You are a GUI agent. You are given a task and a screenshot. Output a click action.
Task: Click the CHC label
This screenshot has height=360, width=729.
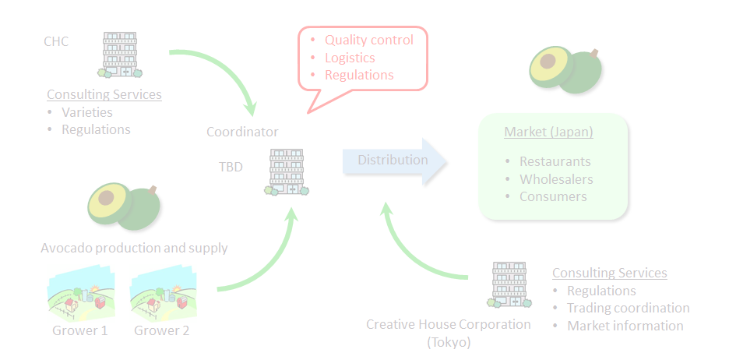[x=56, y=41]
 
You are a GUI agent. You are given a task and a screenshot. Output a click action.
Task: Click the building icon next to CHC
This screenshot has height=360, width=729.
[x=120, y=55]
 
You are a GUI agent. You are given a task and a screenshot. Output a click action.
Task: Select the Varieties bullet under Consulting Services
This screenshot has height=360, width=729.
[x=86, y=112]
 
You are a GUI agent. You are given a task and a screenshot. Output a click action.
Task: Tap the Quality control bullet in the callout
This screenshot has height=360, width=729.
[x=368, y=40]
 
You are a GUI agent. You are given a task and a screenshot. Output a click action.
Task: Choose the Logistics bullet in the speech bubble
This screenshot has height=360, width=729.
[x=350, y=58]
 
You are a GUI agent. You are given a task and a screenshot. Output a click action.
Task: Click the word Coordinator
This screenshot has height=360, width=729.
[x=242, y=132]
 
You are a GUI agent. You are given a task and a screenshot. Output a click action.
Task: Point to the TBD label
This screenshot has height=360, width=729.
[x=231, y=167]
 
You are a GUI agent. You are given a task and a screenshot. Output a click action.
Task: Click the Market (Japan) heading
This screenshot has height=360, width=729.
[x=548, y=132]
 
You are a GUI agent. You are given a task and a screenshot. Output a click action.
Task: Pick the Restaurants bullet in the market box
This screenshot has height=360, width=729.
[x=555, y=162]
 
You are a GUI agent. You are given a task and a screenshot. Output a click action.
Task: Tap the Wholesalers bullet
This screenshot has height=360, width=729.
[x=556, y=179]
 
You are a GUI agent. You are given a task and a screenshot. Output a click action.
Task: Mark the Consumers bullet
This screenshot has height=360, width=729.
[x=553, y=196]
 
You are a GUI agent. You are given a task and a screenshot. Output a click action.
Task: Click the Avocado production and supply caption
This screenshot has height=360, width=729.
[x=134, y=248]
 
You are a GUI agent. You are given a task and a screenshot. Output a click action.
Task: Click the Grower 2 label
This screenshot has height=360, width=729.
[x=161, y=330]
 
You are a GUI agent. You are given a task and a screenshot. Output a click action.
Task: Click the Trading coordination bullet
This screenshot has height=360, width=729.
[x=628, y=308]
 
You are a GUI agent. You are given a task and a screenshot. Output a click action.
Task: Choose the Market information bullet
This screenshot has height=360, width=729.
[x=625, y=326]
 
